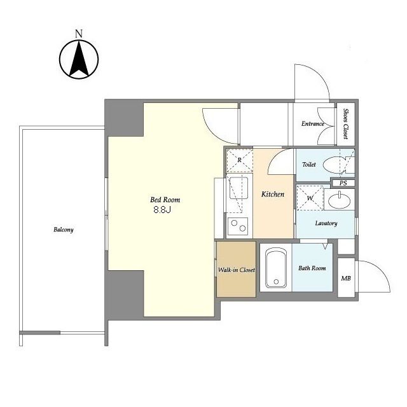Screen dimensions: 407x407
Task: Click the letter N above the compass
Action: tap(79, 34)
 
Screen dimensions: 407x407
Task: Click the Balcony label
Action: tap(64, 230)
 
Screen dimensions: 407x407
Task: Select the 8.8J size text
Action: tap(162, 210)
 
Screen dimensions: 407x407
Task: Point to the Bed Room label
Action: tap(165, 200)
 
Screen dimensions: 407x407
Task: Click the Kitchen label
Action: tap(273, 194)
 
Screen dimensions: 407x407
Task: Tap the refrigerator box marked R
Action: tap(240, 161)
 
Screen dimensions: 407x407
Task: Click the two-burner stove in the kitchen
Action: tap(238, 226)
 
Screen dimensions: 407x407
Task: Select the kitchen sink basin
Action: tap(238, 188)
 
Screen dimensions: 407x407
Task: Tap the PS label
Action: tap(343, 183)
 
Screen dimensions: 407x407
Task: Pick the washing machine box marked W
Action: tap(310, 198)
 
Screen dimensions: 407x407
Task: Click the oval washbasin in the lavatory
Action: tap(340, 200)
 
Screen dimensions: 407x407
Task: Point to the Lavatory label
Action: tap(326, 223)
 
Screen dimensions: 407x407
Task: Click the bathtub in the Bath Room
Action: tap(276, 268)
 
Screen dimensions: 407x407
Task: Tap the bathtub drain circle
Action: tap(276, 282)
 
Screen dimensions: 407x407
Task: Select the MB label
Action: tap(346, 279)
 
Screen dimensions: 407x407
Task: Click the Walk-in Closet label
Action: tap(237, 270)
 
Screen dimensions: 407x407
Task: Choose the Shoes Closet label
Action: tap(346, 123)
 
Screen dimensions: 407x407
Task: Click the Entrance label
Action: tap(313, 124)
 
